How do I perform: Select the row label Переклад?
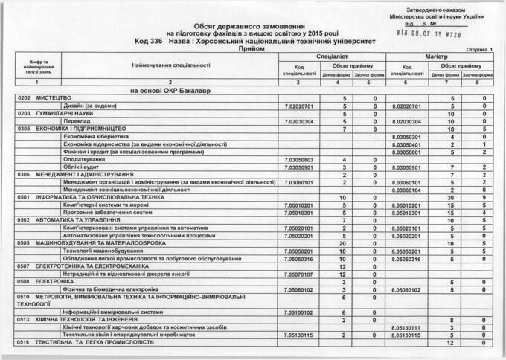[x=77, y=122]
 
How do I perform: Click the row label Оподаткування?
[x=86, y=160]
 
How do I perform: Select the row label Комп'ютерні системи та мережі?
[x=106, y=205]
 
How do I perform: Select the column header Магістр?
[x=440, y=56]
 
